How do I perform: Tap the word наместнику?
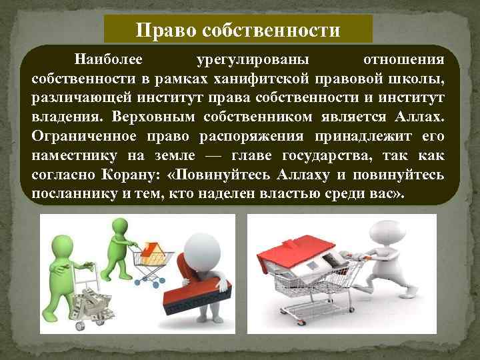[x=71, y=155]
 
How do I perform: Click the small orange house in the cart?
[x=153, y=251]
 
